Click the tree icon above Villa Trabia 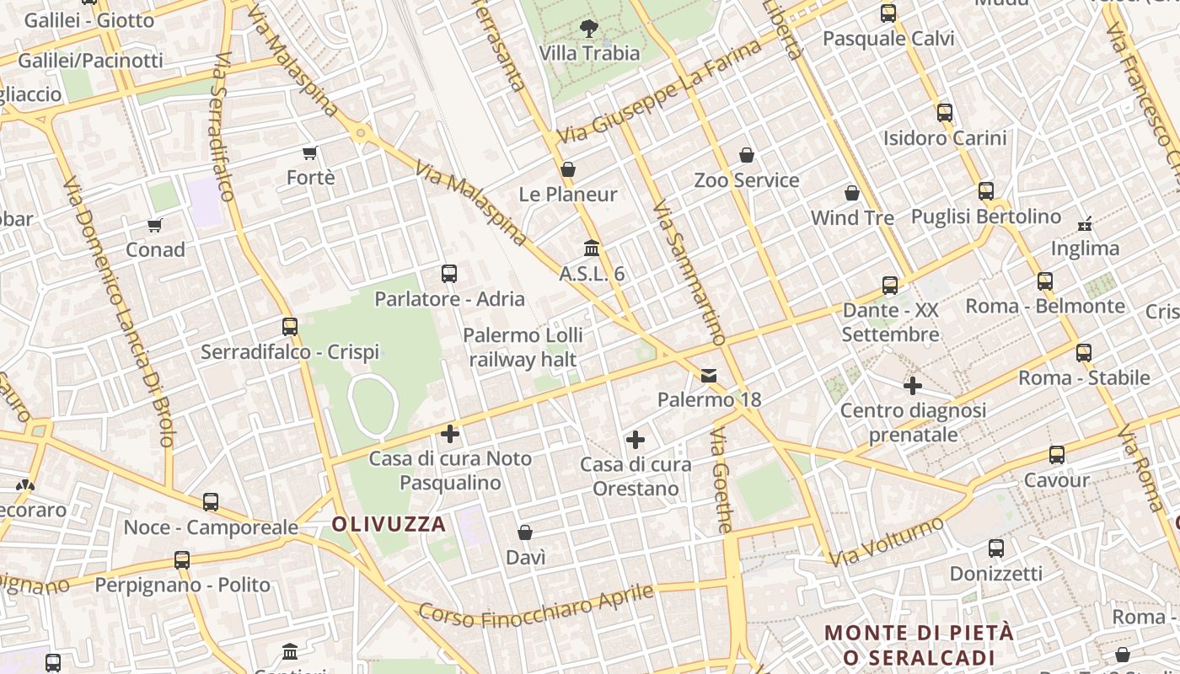point(589,29)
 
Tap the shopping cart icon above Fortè point(309,152)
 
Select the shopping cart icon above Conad point(154,225)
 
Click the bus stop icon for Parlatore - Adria point(449,273)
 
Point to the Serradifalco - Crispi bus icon point(290,326)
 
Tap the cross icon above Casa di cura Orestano point(636,439)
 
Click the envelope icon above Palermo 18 point(709,375)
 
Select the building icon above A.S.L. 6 point(592,249)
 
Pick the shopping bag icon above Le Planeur point(568,169)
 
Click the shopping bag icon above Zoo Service point(746,155)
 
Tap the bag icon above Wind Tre point(852,193)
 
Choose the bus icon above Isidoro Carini point(945,112)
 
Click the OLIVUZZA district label point(389,524)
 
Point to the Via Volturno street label point(887,542)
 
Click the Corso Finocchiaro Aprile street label point(536,607)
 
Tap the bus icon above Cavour point(1057,455)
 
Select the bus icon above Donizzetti point(996,548)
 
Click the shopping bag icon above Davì point(525,532)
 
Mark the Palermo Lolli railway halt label point(523,347)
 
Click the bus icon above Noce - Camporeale point(211,502)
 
